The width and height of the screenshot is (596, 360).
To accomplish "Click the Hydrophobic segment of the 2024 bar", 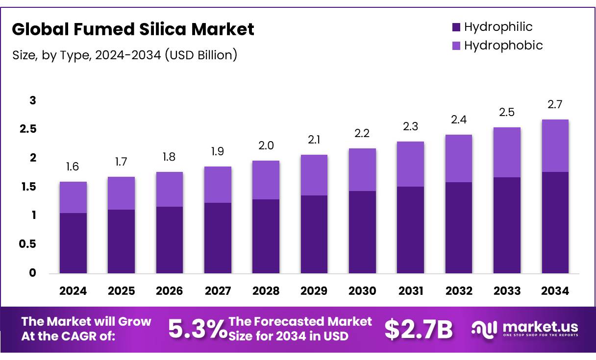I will click(x=73, y=197).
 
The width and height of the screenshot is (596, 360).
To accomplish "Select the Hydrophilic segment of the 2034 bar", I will click(x=555, y=222).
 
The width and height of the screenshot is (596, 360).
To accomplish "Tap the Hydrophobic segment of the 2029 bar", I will click(x=314, y=175).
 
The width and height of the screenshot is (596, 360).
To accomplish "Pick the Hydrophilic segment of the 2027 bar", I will click(x=218, y=238).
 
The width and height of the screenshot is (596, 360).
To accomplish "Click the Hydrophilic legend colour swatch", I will click(x=456, y=27).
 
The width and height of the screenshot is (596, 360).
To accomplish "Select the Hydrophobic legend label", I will click(x=503, y=46).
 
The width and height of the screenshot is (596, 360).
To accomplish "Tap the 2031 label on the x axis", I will click(x=411, y=291).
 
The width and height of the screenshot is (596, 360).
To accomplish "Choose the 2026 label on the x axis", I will click(x=170, y=291).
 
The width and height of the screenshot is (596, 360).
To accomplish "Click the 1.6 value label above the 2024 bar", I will click(x=73, y=167).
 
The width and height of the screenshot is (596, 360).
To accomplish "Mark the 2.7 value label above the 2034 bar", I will click(x=555, y=104).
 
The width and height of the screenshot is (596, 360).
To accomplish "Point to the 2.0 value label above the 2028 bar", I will click(x=266, y=145).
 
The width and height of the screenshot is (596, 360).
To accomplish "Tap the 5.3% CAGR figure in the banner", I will click(x=197, y=329).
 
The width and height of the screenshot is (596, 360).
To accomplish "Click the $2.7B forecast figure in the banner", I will click(x=418, y=329).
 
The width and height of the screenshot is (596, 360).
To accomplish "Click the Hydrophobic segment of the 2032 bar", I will click(x=459, y=158).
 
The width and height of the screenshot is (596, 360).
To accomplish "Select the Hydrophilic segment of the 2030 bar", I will click(x=362, y=232).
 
